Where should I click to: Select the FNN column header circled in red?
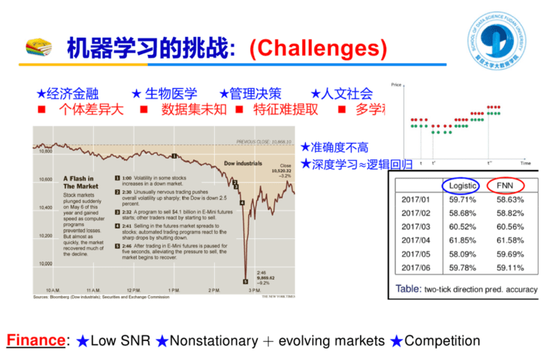click(505, 186)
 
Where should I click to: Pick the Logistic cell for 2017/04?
click(462, 240)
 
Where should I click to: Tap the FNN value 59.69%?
click(510, 253)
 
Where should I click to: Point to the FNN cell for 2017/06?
click(510, 267)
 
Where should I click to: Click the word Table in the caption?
click(408, 289)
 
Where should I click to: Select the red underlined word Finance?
click(35, 340)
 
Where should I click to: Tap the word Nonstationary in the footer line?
click(213, 340)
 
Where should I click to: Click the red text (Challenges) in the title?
click(318, 48)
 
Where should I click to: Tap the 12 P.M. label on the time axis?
click(134, 290)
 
